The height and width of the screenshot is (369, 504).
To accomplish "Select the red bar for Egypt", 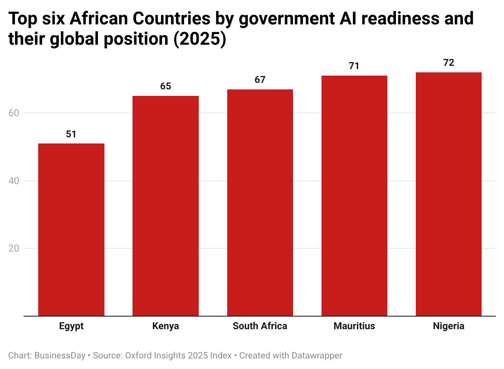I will (x=71, y=230).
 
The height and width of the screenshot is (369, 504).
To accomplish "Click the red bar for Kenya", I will (x=165, y=206).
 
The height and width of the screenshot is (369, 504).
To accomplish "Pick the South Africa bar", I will (x=260, y=202).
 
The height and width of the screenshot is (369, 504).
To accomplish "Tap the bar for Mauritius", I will (x=354, y=195).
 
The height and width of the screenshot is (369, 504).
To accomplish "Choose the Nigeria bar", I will (x=448, y=194).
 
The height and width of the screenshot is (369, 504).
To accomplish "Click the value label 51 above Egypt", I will (x=71, y=134).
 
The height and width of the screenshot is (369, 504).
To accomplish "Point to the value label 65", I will (x=165, y=86).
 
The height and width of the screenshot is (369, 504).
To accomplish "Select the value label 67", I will (x=260, y=80).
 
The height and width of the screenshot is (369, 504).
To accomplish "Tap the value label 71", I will (x=354, y=66).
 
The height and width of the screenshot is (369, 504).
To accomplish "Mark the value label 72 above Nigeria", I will (x=448, y=63).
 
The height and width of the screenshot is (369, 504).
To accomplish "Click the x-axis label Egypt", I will (x=71, y=326).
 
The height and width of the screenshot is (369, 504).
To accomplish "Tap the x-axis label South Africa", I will (x=260, y=326).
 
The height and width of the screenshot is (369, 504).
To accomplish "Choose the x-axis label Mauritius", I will (x=354, y=326).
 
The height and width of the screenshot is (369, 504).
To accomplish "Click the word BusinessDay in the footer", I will (x=60, y=356).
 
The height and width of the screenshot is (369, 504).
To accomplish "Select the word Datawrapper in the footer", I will (x=317, y=356).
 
